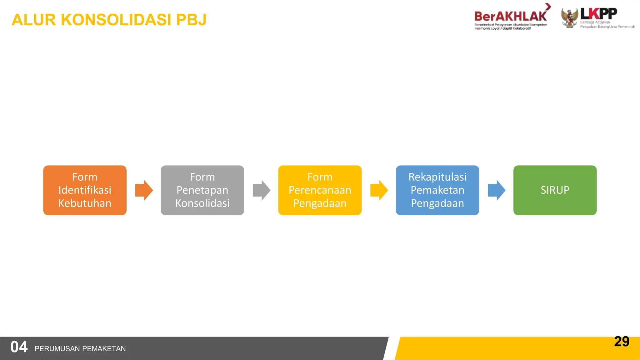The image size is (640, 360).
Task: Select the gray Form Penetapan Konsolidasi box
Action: (202, 190)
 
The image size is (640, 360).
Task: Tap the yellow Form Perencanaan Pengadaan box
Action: (320, 190)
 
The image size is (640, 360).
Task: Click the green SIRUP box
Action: (555, 190)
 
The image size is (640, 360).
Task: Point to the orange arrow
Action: (144, 190)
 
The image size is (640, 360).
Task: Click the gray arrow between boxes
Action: (261, 190)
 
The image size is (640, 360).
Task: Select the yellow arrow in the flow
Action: (379, 190)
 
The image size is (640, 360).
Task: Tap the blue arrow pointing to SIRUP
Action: (496, 190)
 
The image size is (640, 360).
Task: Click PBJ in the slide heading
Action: (191, 20)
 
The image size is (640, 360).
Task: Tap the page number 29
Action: (622, 341)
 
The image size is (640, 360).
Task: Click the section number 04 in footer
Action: (19, 347)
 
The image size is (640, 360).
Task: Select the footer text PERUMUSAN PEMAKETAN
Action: (80, 348)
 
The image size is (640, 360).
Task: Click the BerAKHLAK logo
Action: (511, 16)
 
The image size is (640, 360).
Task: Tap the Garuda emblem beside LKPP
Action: (569, 18)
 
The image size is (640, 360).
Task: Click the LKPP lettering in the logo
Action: (598, 13)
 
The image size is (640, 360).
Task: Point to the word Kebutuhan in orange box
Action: (85, 203)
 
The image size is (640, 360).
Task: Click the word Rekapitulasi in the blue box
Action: (437, 177)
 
